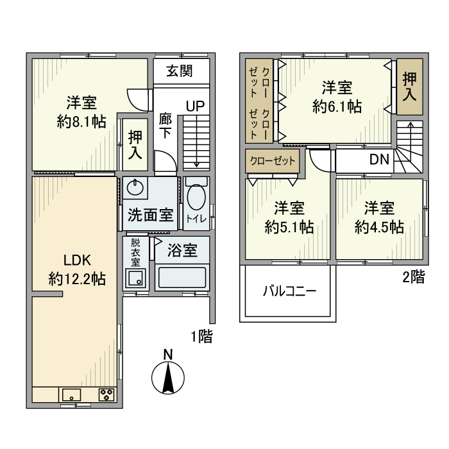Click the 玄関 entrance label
point(180,71)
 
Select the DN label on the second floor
point(379,160)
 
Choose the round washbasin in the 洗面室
point(135,188)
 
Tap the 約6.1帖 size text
point(337,106)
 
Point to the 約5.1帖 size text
point(289,227)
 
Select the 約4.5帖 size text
point(379,227)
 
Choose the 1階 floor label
point(201,336)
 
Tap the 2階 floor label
point(413,277)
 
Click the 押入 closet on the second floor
point(409,86)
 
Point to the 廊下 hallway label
point(166,125)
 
